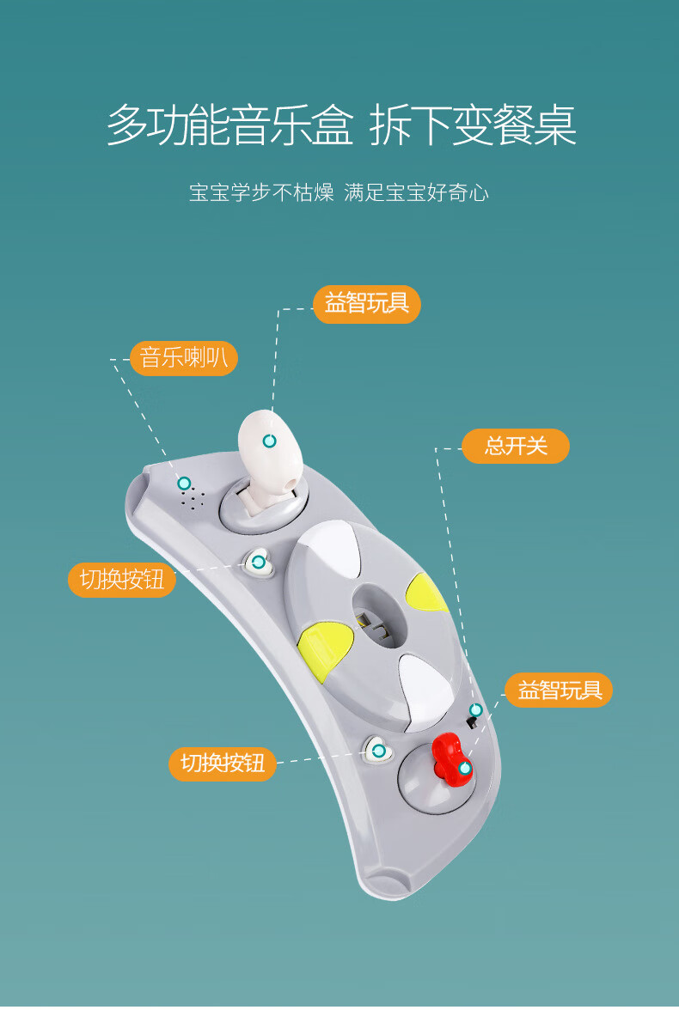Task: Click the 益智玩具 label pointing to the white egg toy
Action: coord(367,304)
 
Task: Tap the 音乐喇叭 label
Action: coord(184,357)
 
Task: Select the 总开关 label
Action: coord(516,446)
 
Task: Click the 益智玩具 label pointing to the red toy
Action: coord(559,689)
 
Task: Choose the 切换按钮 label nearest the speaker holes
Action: coord(122,580)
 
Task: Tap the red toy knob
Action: coord(451,757)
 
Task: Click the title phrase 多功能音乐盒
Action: coord(229,125)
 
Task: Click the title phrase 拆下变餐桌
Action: coord(472,125)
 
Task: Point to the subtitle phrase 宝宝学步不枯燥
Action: coord(260,192)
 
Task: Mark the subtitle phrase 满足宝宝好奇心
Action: coord(416,192)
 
